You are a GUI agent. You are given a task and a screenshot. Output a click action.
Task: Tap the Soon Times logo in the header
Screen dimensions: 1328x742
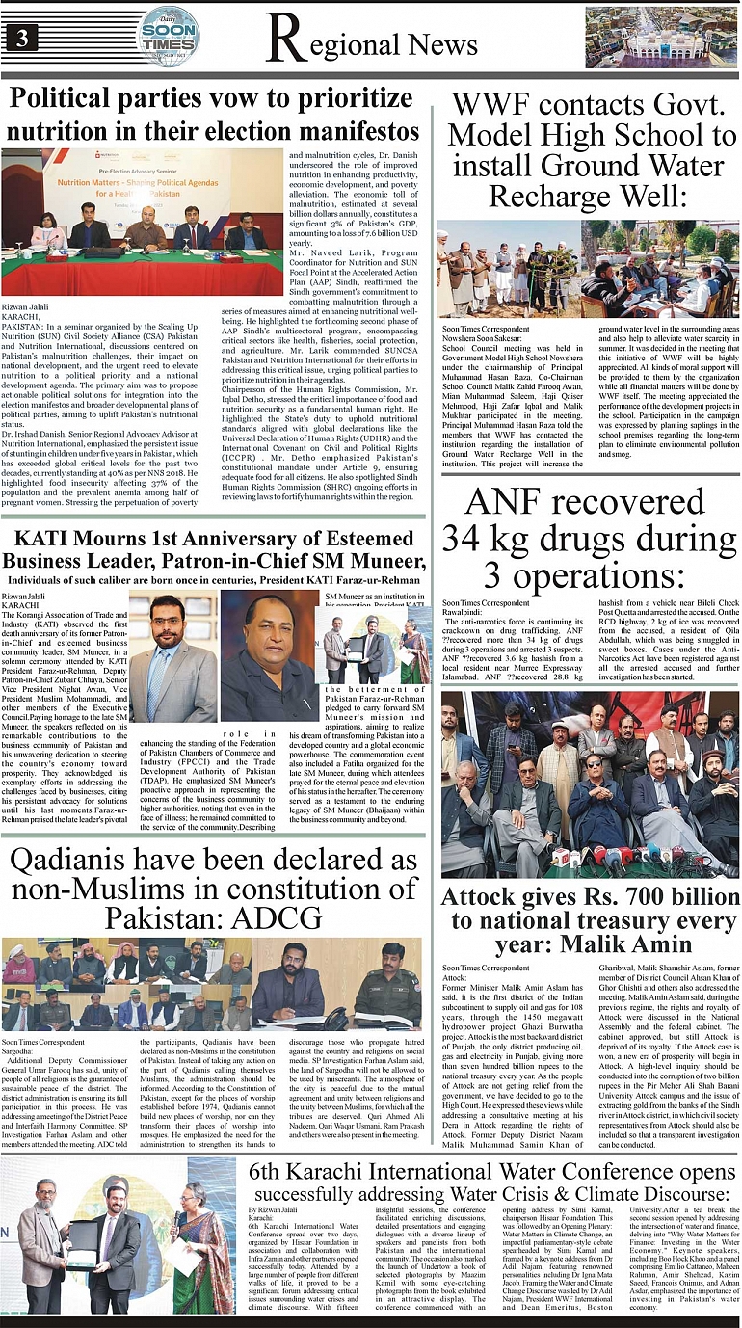[168, 36]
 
